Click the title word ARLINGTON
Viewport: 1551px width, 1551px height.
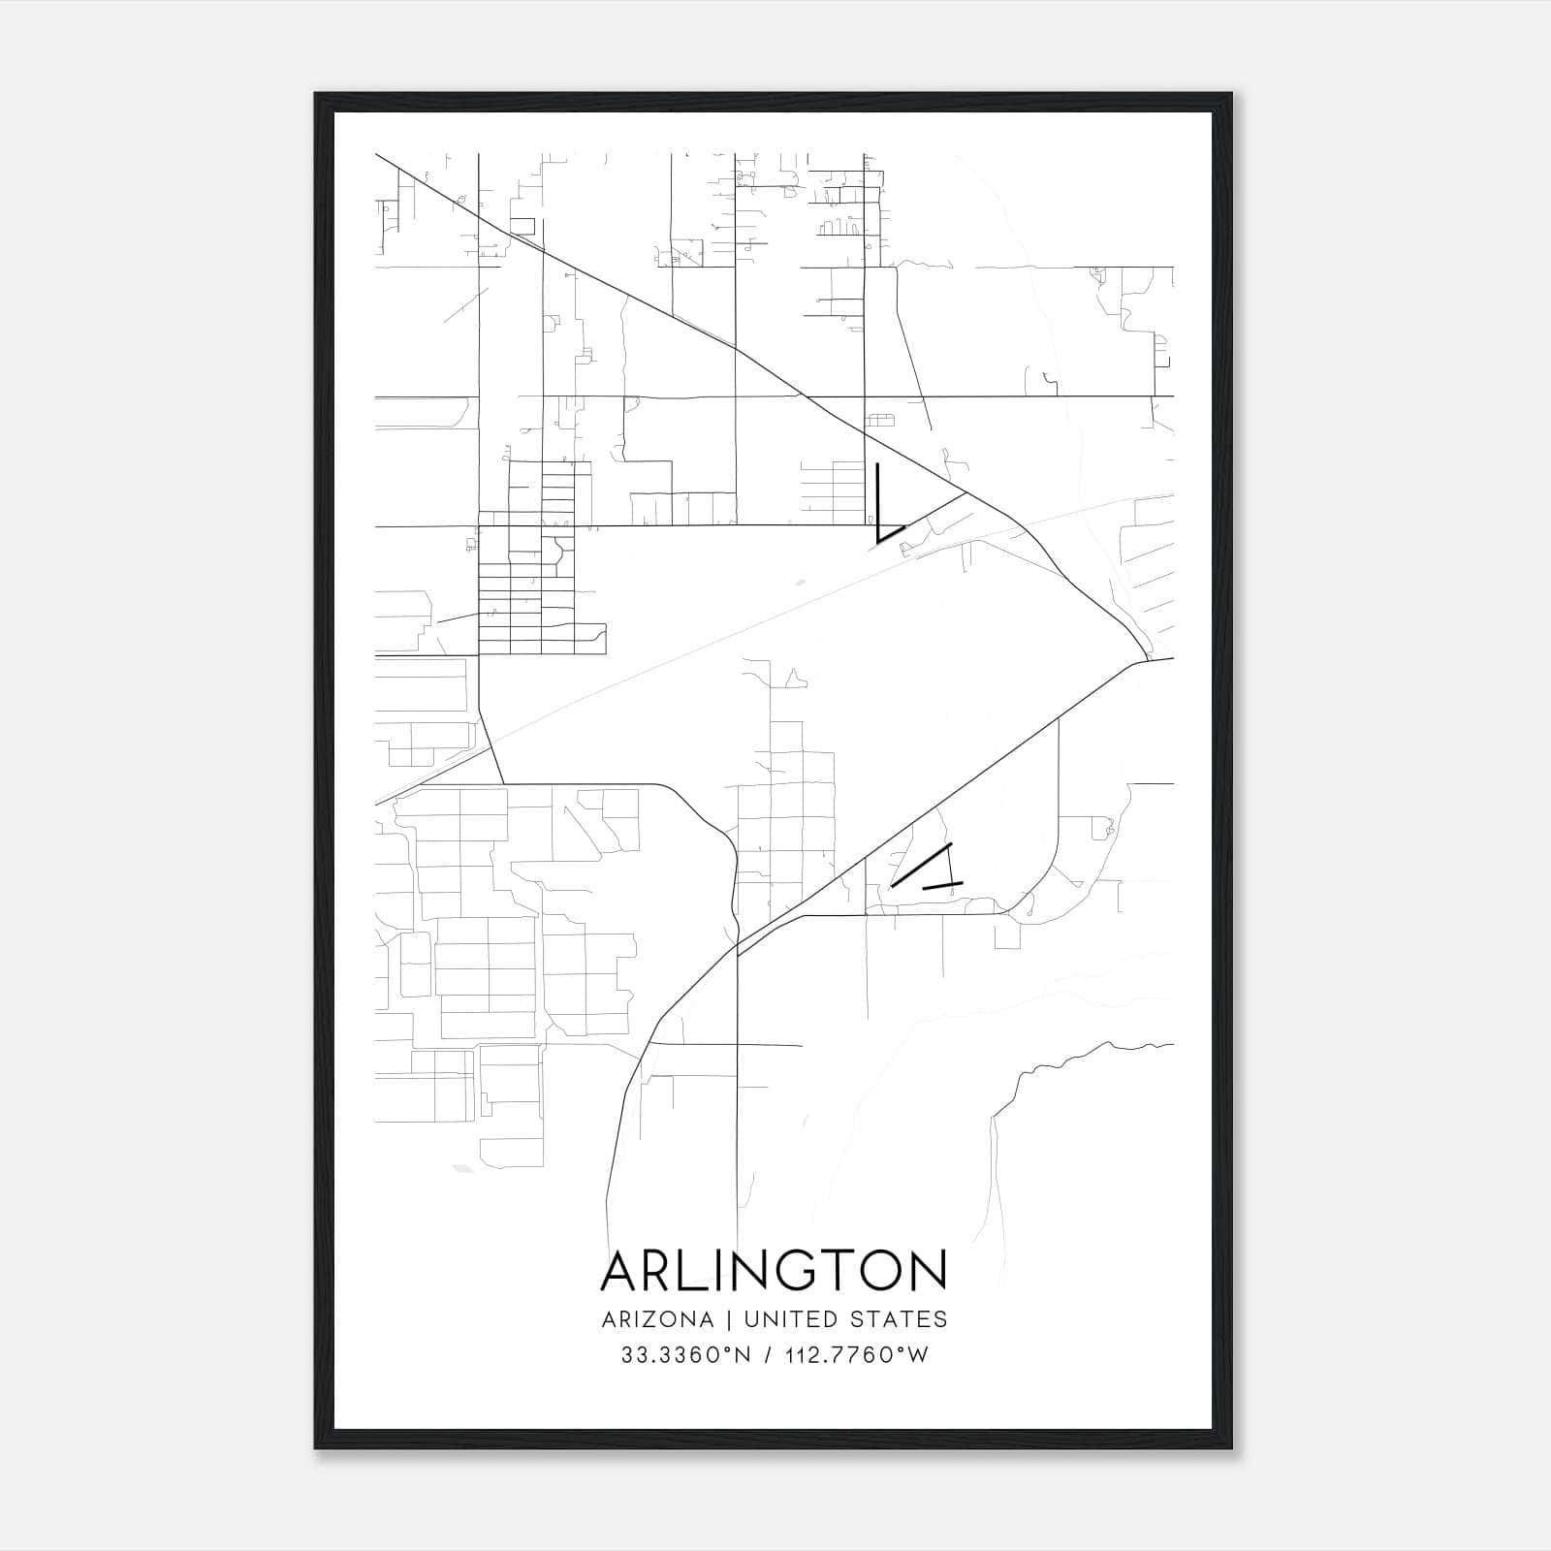(774, 1271)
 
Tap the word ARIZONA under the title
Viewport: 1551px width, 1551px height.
(657, 1319)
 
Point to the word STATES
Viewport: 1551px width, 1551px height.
(901, 1319)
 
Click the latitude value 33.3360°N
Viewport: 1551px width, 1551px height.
(686, 1355)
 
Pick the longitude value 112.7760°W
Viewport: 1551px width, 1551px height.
(856, 1355)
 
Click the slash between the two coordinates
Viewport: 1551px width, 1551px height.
(768, 1355)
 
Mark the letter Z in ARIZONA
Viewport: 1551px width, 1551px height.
(649, 1319)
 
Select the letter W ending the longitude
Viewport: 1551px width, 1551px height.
(918, 1355)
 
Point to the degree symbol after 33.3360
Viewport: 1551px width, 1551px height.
(728, 1349)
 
